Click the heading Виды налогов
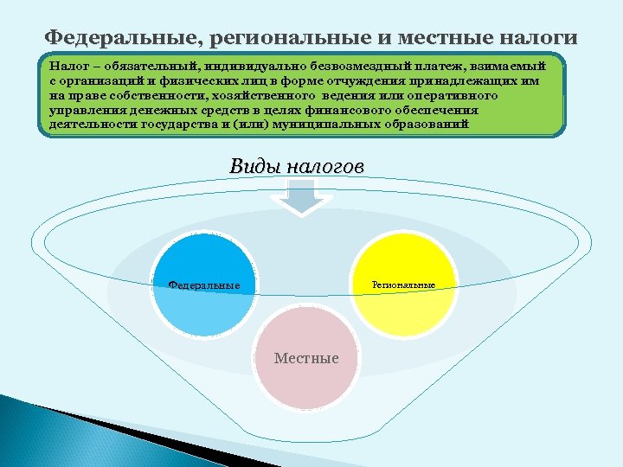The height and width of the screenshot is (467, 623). [297, 166]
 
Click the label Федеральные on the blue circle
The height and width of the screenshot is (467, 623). [204, 285]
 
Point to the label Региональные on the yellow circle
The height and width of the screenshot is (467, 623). [403, 285]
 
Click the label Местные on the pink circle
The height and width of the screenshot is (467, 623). [306, 358]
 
